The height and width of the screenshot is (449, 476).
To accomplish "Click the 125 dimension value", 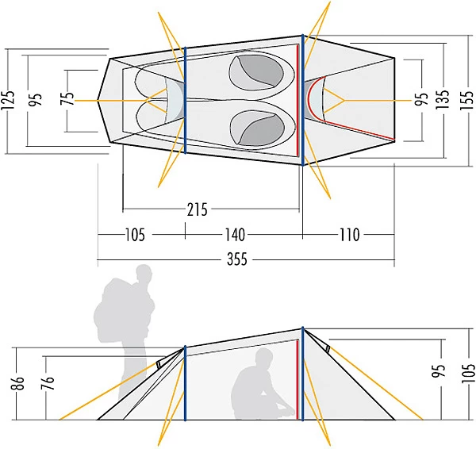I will click(x=9, y=100).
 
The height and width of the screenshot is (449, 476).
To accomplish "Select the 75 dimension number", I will click(x=69, y=99).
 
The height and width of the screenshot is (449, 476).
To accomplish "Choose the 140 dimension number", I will click(x=234, y=235).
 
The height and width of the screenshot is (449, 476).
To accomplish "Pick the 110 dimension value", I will click(x=348, y=235).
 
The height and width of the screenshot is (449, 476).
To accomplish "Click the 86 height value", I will click(x=20, y=383).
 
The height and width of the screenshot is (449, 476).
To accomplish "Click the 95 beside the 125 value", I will click(x=35, y=100).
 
